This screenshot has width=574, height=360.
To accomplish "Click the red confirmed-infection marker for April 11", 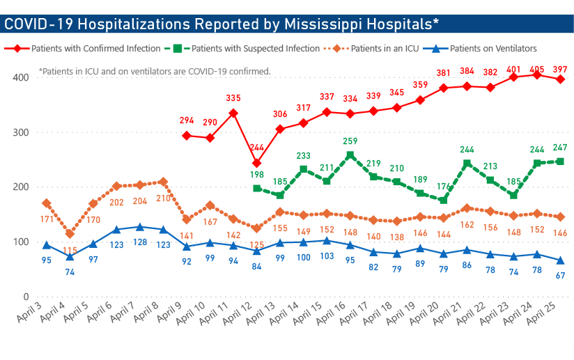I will tap(233, 113).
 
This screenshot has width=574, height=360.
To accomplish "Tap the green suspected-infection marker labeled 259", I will tap(350, 155).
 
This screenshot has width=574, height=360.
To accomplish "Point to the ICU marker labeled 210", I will tap(163, 182).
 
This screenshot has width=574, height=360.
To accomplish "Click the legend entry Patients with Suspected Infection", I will tap(255, 49).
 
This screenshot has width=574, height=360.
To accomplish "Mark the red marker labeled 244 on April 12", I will tap(256, 163).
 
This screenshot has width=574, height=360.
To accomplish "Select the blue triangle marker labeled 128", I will tap(140, 227).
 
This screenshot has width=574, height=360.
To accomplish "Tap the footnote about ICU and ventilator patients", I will tap(155, 71).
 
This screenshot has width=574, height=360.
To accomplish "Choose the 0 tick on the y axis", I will tap(24, 297).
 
